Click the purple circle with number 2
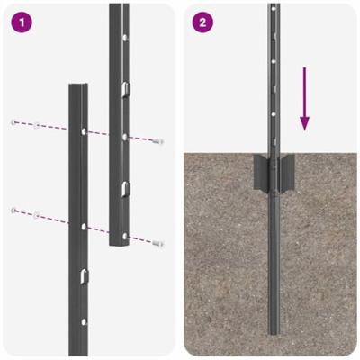(203, 22)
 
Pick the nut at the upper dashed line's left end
(13, 121)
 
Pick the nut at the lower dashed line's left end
(13, 211)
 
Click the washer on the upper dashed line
(36, 125)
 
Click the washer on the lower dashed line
(36, 215)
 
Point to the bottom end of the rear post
(120, 241)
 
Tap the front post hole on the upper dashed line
(84, 131)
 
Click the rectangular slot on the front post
(83, 274)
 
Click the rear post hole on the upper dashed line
(124, 137)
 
